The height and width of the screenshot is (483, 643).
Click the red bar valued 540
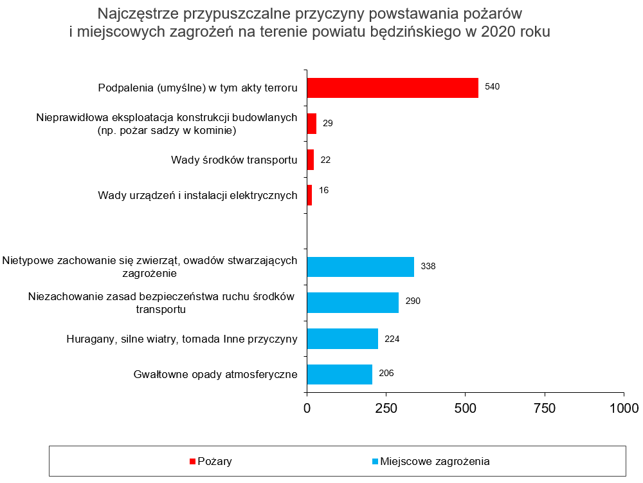coord(392,88)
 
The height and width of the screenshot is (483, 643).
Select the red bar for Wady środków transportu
coord(311,160)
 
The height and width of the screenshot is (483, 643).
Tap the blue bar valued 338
coord(360,267)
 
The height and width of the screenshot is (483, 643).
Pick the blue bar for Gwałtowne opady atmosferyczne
coord(340,374)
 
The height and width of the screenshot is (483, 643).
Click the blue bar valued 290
coord(352,303)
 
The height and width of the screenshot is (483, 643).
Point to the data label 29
coord(327,123)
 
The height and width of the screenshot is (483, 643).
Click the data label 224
coord(392,338)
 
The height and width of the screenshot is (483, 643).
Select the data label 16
coord(323,191)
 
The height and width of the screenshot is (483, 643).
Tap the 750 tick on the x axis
coord(545,408)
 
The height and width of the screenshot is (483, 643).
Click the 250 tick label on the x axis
coord(386,408)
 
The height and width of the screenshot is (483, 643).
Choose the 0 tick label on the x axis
coord(307,408)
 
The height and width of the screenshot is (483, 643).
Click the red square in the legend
coord(192,462)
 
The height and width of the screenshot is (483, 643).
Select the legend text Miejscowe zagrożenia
coord(435,461)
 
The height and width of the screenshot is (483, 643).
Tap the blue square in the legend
coord(375,462)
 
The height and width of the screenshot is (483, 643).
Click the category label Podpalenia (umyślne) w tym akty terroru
coord(197,88)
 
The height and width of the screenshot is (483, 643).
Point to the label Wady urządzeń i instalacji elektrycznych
coord(197,195)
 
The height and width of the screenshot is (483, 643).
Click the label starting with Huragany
coord(182,339)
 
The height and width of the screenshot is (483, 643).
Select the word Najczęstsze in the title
coord(136,13)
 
